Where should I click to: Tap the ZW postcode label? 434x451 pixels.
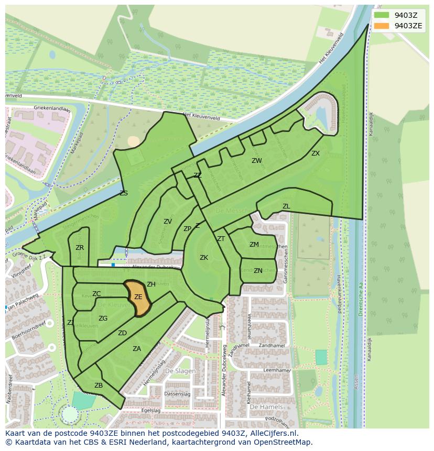256,161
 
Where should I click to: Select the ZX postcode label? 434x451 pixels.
315,153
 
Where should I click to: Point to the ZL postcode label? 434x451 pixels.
286,206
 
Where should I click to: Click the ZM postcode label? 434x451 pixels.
254,245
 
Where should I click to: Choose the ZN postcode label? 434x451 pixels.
258,271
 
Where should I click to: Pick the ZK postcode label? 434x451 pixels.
204,258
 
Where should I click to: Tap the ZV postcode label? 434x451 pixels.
168,222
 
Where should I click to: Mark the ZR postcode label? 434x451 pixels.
80,248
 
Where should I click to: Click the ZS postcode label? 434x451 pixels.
124,193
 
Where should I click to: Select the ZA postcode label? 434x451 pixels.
137,349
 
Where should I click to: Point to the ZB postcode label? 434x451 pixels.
99,386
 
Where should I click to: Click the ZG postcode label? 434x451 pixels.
103,318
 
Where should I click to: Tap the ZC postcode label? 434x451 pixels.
96,294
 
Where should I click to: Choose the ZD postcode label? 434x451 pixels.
122,333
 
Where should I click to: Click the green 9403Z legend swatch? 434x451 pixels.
381,15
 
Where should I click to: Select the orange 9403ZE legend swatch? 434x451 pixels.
381,25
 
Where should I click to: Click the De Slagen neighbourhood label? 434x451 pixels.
180,371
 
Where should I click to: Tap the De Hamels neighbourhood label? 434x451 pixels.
266,407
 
